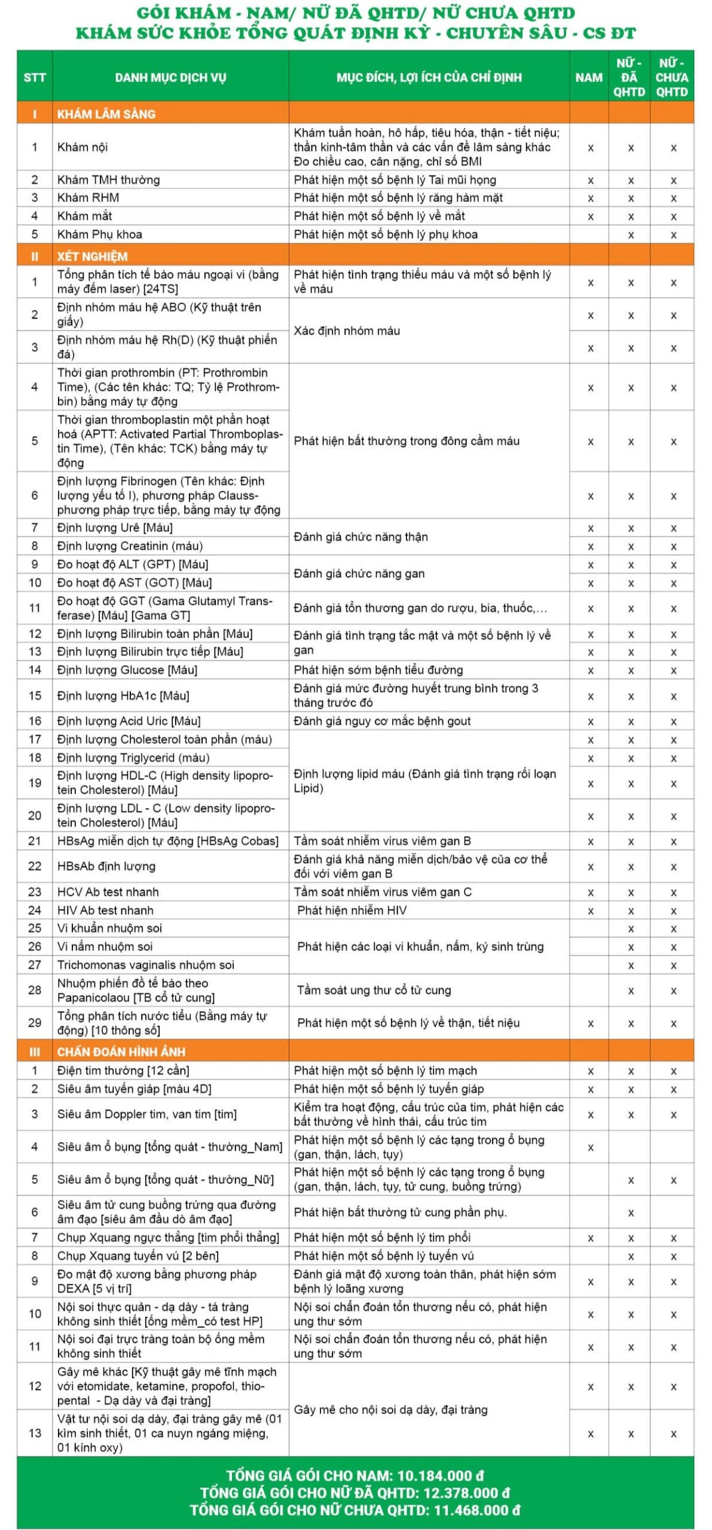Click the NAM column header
tap(589, 77)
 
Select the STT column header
tap(35, 77)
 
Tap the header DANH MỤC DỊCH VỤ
tap(170, 77)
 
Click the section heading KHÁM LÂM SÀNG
tap(106, 114)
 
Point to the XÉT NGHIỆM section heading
tap(92, 256)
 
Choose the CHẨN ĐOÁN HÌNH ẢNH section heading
tap(121, 1051)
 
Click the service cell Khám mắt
tap(84, 216)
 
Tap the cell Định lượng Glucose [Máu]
tap(127, 670)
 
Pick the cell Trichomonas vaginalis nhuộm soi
tap(145, 965)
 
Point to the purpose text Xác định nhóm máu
tap(347, 331)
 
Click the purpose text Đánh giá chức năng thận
tap(360, 537)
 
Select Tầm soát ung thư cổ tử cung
tap(374, 990)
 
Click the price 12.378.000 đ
tap(467, 1493)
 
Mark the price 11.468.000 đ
tap(476, 1510)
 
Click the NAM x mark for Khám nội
tap(591, 148)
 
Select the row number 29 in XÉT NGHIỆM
tap(35, 1023)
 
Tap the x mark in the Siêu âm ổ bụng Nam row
tap(591, 1147)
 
